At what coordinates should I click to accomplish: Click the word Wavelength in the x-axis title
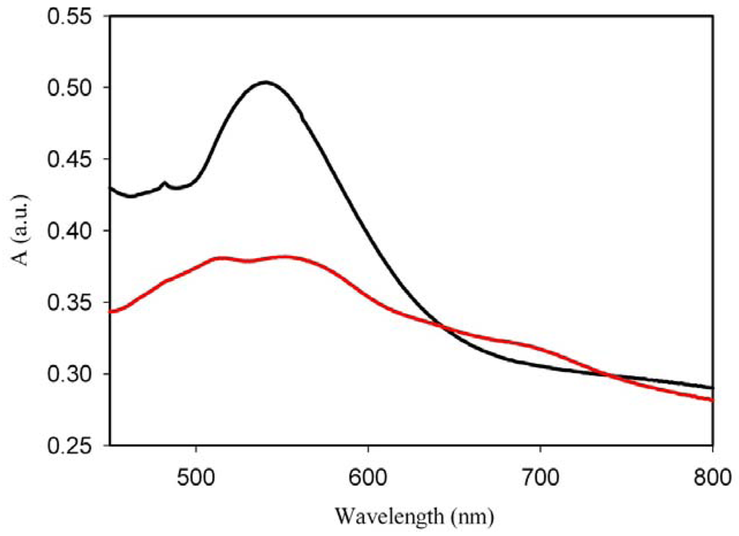384,513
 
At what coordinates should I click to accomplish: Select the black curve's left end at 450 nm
110,188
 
